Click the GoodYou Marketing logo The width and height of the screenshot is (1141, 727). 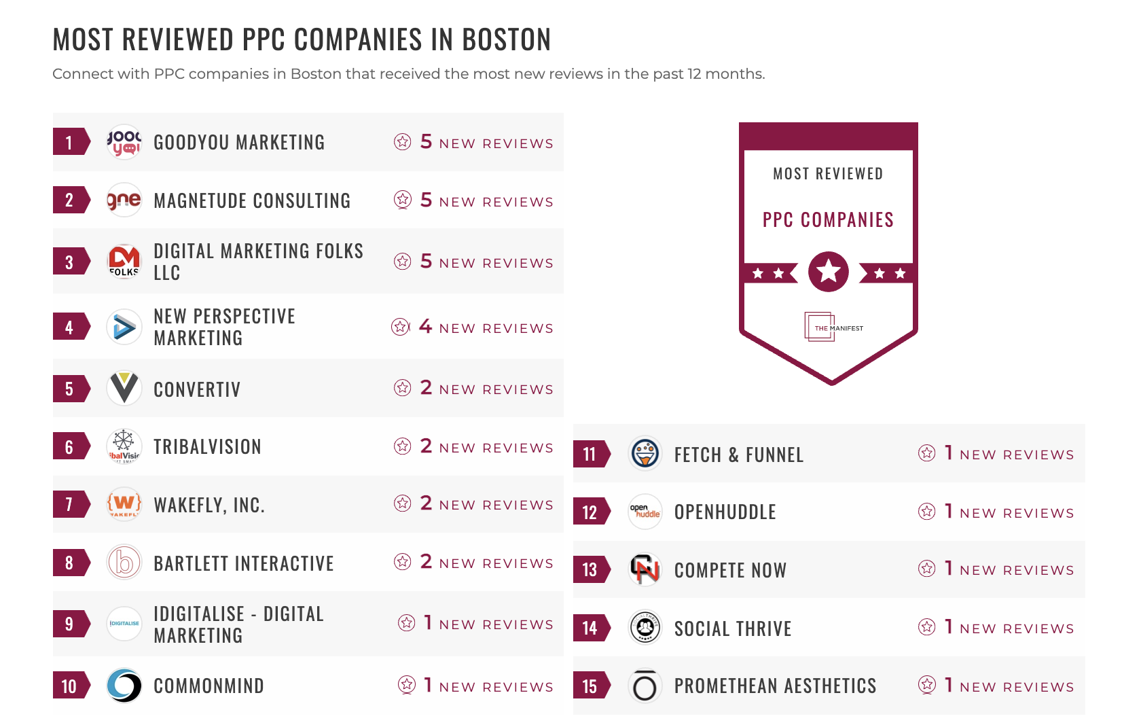pos(124,142)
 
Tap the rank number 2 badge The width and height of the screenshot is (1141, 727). pos(69,200)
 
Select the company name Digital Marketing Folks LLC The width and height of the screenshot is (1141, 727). pos(258,262)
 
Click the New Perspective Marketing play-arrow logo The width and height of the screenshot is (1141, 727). pos(124,327)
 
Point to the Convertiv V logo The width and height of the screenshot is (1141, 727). pos(124,389)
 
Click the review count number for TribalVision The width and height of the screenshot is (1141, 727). pos(426,446)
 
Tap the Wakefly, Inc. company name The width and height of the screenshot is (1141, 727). pos(209,505)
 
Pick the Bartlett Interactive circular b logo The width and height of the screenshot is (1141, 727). pos(124,563)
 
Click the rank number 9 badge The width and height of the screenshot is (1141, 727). pos(69,624)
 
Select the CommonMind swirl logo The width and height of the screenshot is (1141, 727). pos(124,686)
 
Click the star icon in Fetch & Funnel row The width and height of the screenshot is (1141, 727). pos(926,453)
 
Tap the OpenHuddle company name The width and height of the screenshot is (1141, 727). pos(725,512)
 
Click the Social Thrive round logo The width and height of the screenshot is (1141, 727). pos(645,628)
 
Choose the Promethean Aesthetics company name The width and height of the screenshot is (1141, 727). pos(775,686)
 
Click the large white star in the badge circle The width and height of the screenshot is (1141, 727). pos(829,272)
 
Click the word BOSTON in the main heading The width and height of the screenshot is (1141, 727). pos(506,40)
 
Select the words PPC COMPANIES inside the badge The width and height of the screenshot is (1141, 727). pos(828,220)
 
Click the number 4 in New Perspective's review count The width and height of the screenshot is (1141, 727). pos(425,327)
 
